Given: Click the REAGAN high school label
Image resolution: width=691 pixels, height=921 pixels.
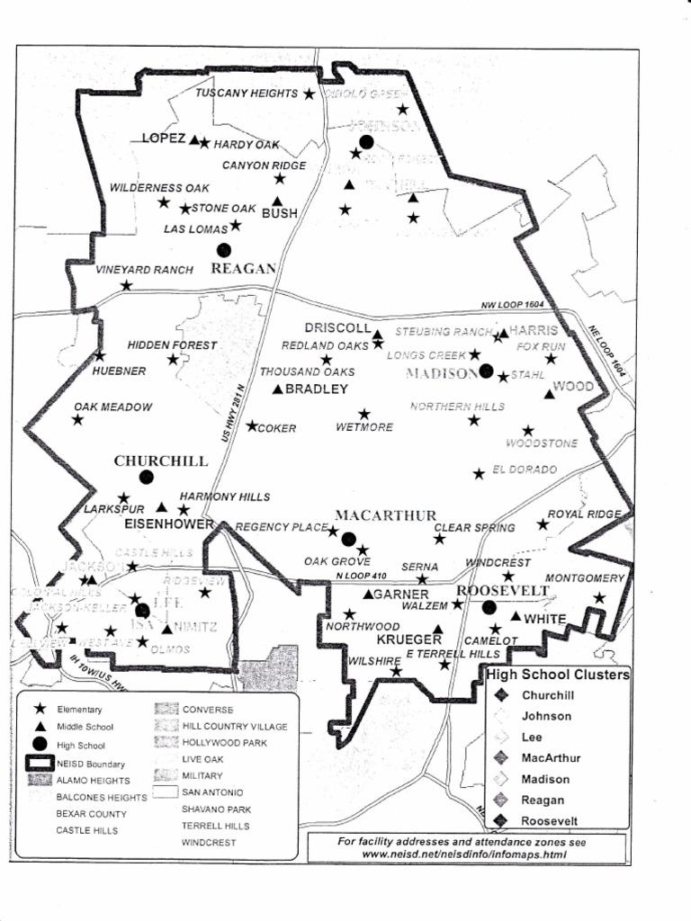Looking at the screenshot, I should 242,268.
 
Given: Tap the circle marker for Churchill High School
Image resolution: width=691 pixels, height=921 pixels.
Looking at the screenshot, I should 147,477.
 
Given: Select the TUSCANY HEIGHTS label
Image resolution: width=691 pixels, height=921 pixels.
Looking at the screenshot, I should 247,94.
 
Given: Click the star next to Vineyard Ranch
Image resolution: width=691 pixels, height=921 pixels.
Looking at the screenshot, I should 126,285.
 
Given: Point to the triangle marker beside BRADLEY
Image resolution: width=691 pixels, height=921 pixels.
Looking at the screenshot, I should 278,389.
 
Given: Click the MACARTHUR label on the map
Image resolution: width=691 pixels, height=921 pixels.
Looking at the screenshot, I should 386,515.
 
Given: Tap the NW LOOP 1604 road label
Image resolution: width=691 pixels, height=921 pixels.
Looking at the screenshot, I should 513,306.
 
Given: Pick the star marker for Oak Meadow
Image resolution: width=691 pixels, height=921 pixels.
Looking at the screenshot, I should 77,420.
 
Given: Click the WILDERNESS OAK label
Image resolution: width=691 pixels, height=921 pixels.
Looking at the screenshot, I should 159,188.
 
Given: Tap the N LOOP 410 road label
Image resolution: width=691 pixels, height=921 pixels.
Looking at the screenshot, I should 362,576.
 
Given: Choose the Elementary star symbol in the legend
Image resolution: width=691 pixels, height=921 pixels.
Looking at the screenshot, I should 40,710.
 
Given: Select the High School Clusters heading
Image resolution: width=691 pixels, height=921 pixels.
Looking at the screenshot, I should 558,675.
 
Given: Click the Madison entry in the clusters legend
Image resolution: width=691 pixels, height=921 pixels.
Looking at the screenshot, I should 545,779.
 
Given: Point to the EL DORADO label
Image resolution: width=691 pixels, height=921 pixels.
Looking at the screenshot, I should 525,470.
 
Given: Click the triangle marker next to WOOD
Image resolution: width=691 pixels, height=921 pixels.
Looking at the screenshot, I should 549,393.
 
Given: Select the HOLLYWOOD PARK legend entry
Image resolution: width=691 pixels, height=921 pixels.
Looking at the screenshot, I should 224,743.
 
